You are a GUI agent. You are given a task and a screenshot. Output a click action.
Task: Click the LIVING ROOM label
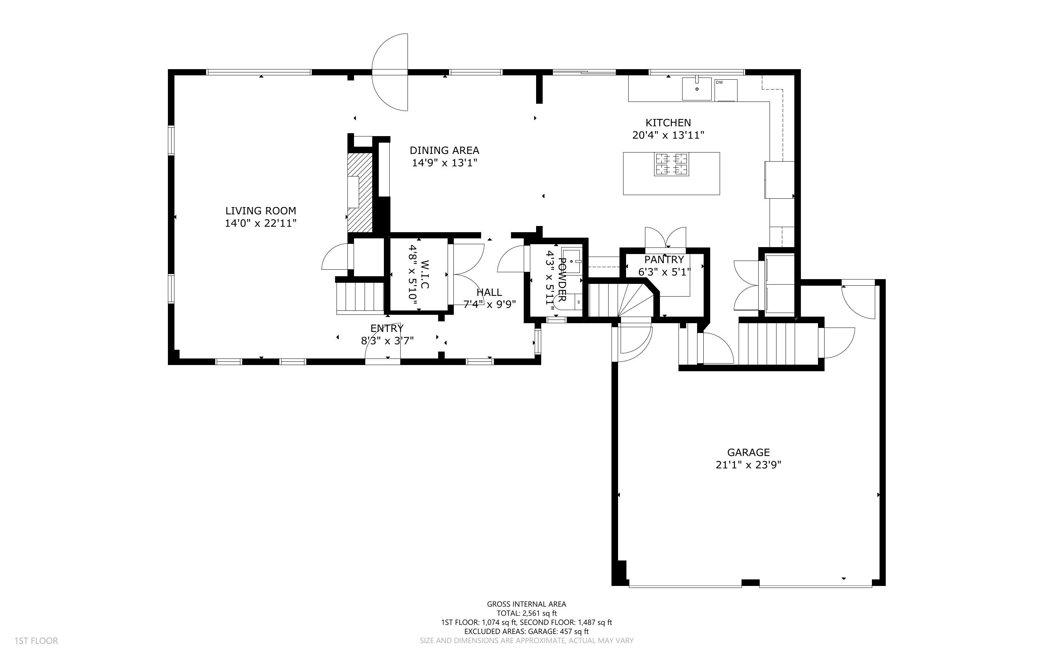(260, 211)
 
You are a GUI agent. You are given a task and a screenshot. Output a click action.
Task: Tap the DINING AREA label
(444, 151)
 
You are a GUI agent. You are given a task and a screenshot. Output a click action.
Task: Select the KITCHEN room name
(668, 123)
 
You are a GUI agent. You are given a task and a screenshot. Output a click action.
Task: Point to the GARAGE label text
(748, 453)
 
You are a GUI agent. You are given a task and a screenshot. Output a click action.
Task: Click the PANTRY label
(664, 260)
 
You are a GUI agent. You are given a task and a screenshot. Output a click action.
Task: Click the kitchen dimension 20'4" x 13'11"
(668, 135)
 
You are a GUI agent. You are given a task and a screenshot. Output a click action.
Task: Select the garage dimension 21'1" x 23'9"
(748, 465)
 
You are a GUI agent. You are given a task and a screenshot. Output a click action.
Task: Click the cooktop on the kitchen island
(671, 164)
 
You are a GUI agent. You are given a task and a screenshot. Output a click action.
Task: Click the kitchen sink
(697, 89)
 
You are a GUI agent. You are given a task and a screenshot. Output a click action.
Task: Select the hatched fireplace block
(360, 193)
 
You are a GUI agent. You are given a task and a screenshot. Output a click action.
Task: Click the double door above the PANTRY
(665, 238)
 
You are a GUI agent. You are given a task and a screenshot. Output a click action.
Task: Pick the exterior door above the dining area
(390, 72)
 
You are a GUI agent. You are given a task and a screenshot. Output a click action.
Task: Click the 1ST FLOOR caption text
(36, 641)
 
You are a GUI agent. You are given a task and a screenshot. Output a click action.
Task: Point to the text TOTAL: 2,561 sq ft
(526, 613)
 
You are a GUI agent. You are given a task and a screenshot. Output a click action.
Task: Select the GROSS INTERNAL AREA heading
(526, 604)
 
